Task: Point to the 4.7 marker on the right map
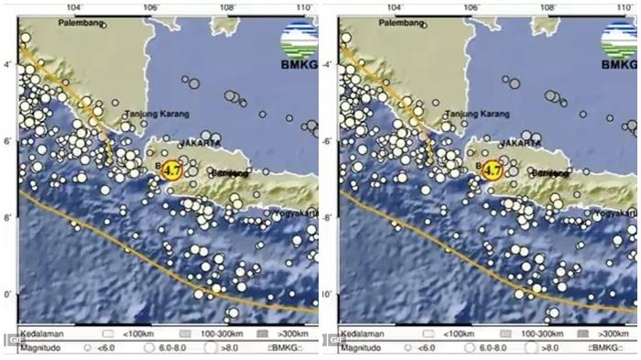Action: tap(492, 169)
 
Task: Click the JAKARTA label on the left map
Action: tap(201, 144)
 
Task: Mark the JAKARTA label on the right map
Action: tap(520, 144)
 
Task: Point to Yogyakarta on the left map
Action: tap(294, 213)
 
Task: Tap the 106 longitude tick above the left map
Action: tap(152, 6)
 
